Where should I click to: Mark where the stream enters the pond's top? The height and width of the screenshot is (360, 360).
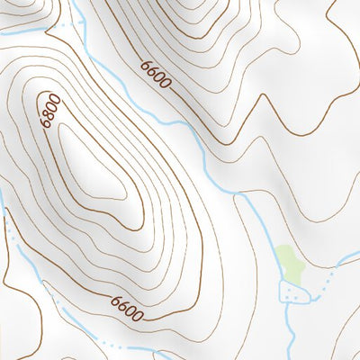[287, 281]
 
